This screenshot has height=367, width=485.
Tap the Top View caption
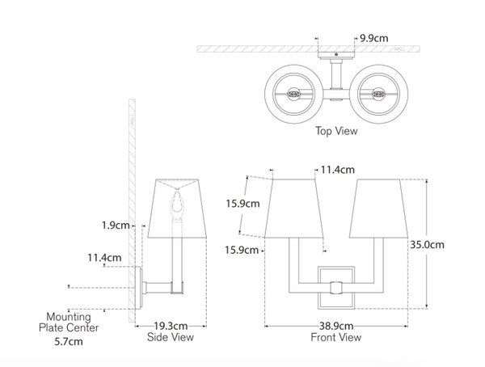(x=337, y=129)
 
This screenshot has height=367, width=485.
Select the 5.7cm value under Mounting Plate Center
(x=69, y=342)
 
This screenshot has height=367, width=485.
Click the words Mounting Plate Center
(x=70, y=323)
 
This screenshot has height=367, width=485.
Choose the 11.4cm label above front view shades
(x=339, y=170)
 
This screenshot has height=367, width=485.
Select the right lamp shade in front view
(x=380, y=209)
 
